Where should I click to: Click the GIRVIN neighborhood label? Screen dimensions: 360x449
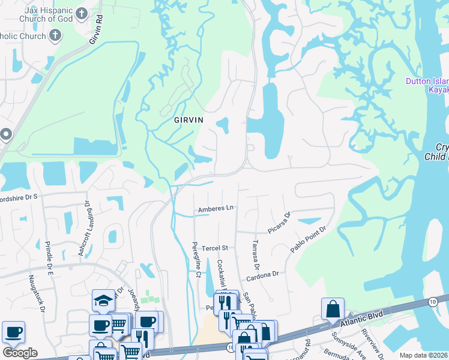[x=188, y=120]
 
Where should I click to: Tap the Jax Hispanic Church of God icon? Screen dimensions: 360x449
[x=82, y=13]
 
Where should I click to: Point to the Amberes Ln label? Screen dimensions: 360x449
[x=215, y=208]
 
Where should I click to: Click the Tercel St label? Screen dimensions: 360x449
[x=215, y=248]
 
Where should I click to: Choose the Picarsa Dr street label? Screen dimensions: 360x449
[x=280, y=223]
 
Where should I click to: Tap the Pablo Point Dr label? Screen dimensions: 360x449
[x=308, y=239]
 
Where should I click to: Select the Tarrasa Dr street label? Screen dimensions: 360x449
[x=255, y=254]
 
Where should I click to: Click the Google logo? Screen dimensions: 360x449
[x=20, y=353]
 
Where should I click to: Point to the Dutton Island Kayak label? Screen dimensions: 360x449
[x=427, y=85]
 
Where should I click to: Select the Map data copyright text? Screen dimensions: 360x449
[x=424, y=355]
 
